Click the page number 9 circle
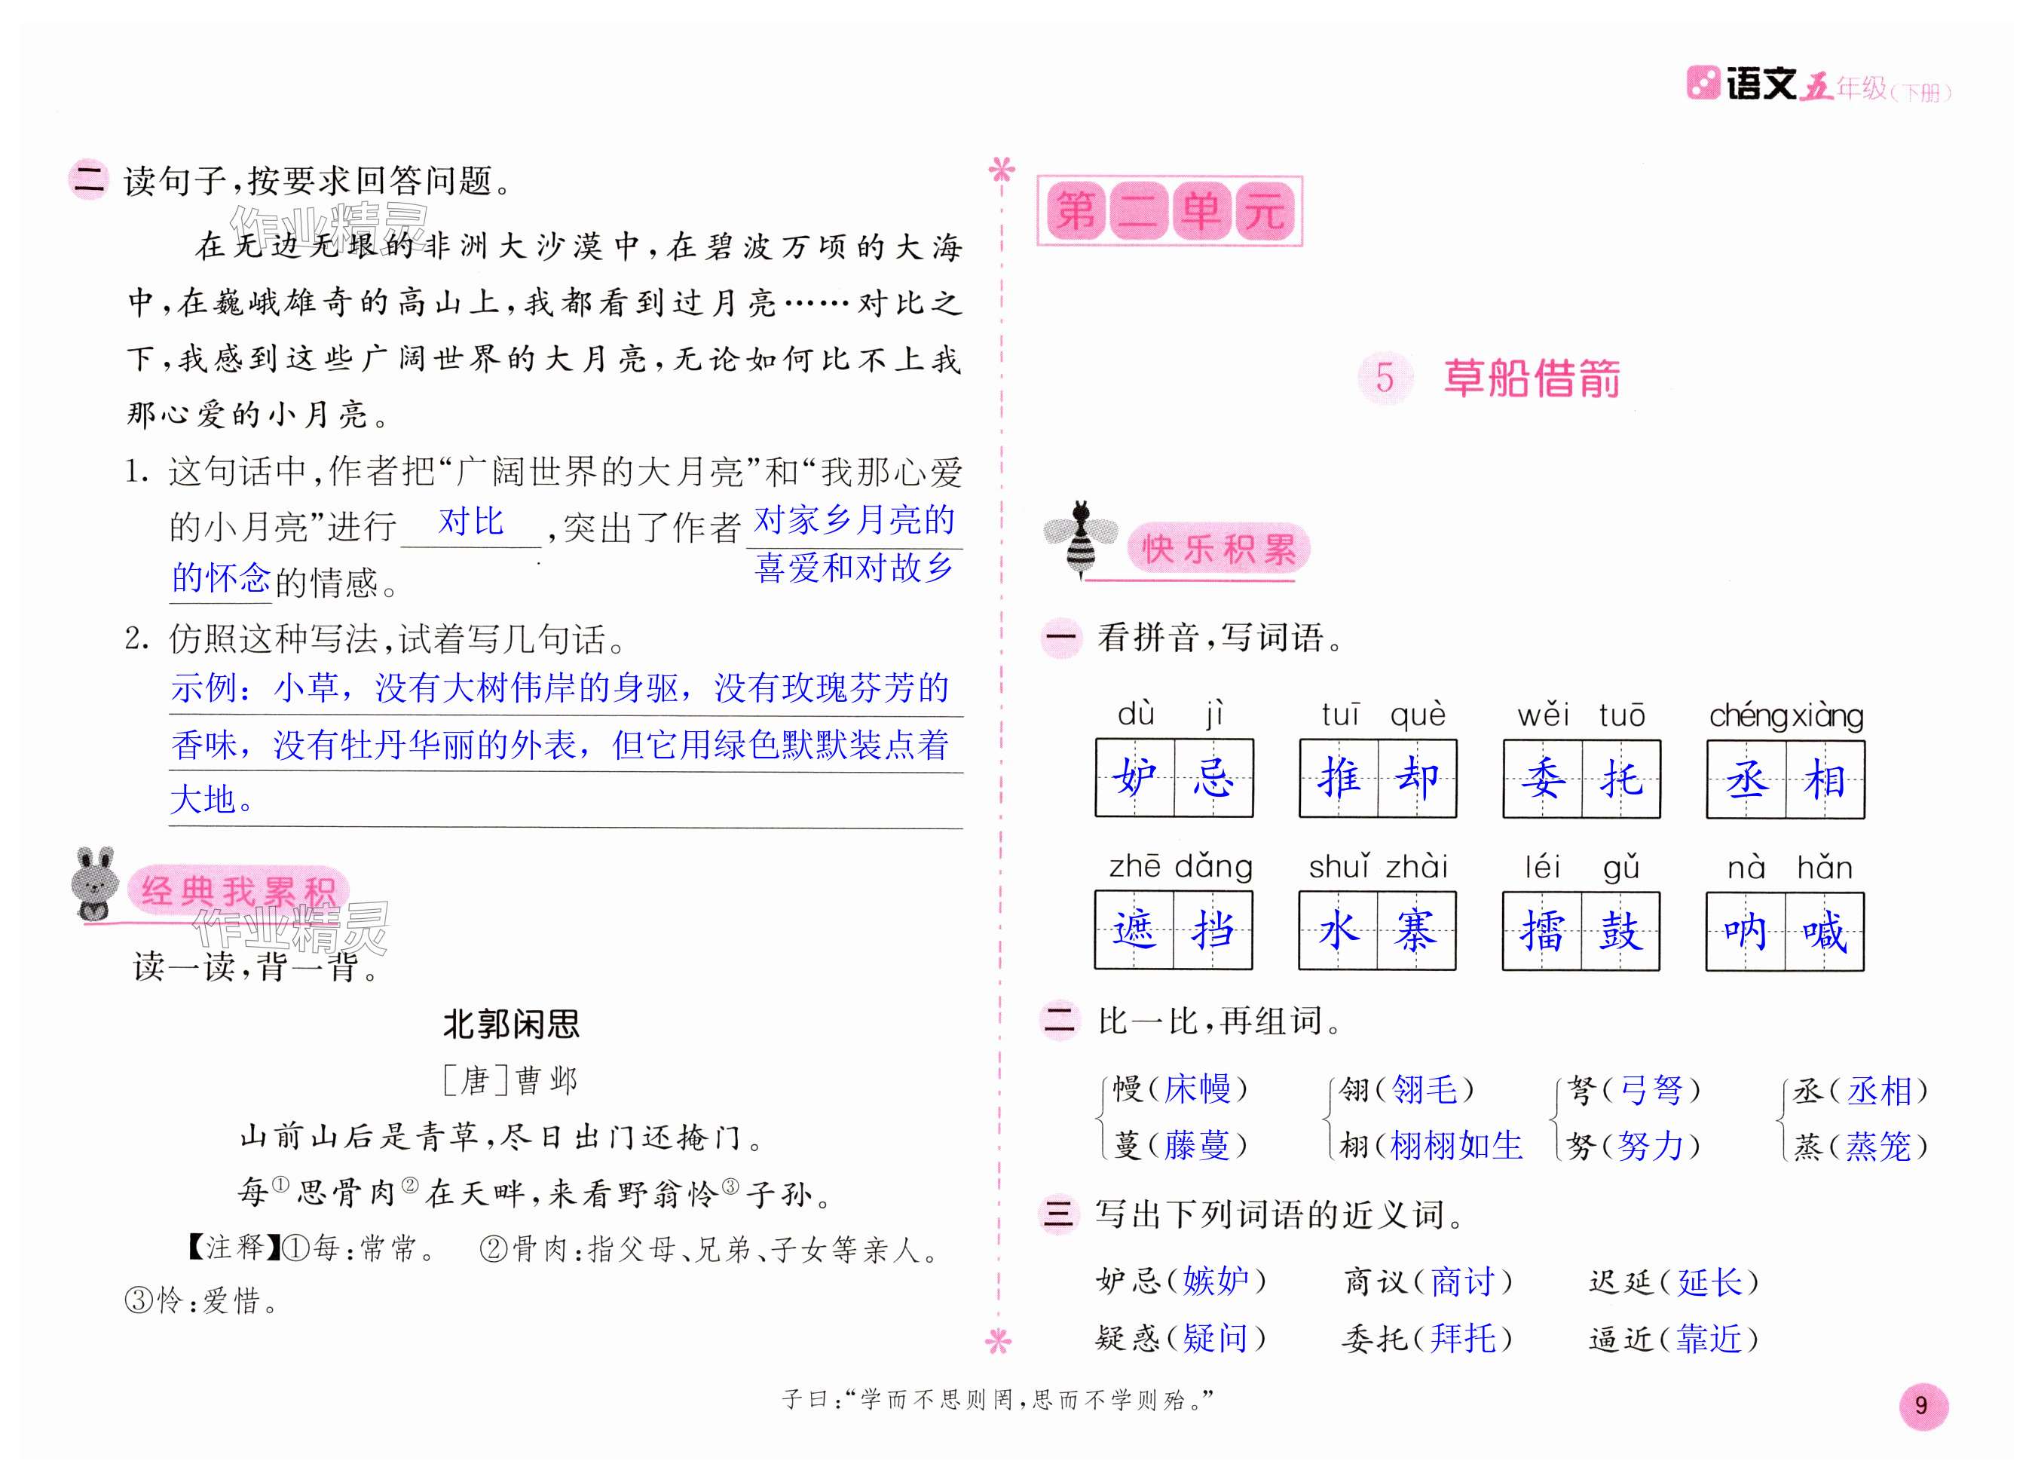click(1923, 1406)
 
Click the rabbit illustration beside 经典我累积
click(95, 883)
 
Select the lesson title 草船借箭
click(1532, 378)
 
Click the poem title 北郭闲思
click(512, 1024)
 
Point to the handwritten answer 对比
click(471, 522)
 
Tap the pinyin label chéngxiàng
click(1786, 715)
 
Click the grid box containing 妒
click(1135, 778)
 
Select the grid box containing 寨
click(1416, 931)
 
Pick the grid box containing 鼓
click(1620, 931)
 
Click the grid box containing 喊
click(1824, 931)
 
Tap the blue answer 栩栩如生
click(1455, 1145)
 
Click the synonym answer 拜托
click(1464, 1338)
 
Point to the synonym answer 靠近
click(1709, 1338)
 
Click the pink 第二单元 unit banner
click(1169, 212)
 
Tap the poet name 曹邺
click(546, 1080)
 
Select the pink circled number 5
click(1385, 378)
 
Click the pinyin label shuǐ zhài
click(1379, 867)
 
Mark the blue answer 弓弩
click(1651, 1091)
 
